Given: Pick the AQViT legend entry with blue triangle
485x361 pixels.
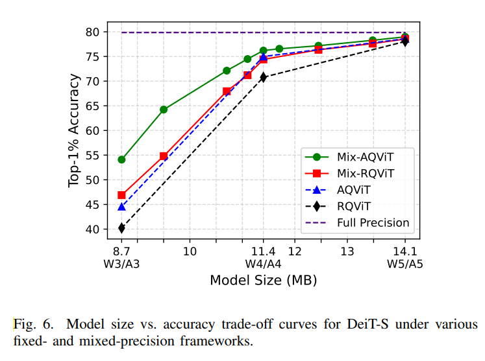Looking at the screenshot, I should point(354,190).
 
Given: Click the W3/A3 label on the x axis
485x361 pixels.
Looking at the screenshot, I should point(121,264).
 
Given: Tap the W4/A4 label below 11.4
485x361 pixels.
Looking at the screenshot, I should point(263,264).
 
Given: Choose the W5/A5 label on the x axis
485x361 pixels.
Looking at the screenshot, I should point(405,264).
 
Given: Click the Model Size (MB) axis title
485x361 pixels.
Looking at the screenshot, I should point(263,281).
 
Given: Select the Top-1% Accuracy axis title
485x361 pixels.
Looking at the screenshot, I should point(75,130).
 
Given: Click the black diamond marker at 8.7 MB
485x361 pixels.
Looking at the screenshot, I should point(121,227).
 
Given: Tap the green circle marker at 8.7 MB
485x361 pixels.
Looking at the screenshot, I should point(121,159).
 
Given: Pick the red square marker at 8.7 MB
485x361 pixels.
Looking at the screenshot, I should point(121,195).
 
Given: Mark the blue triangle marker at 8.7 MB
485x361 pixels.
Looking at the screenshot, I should point(121,206).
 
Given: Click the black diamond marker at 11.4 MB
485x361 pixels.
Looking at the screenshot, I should point(263,77).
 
